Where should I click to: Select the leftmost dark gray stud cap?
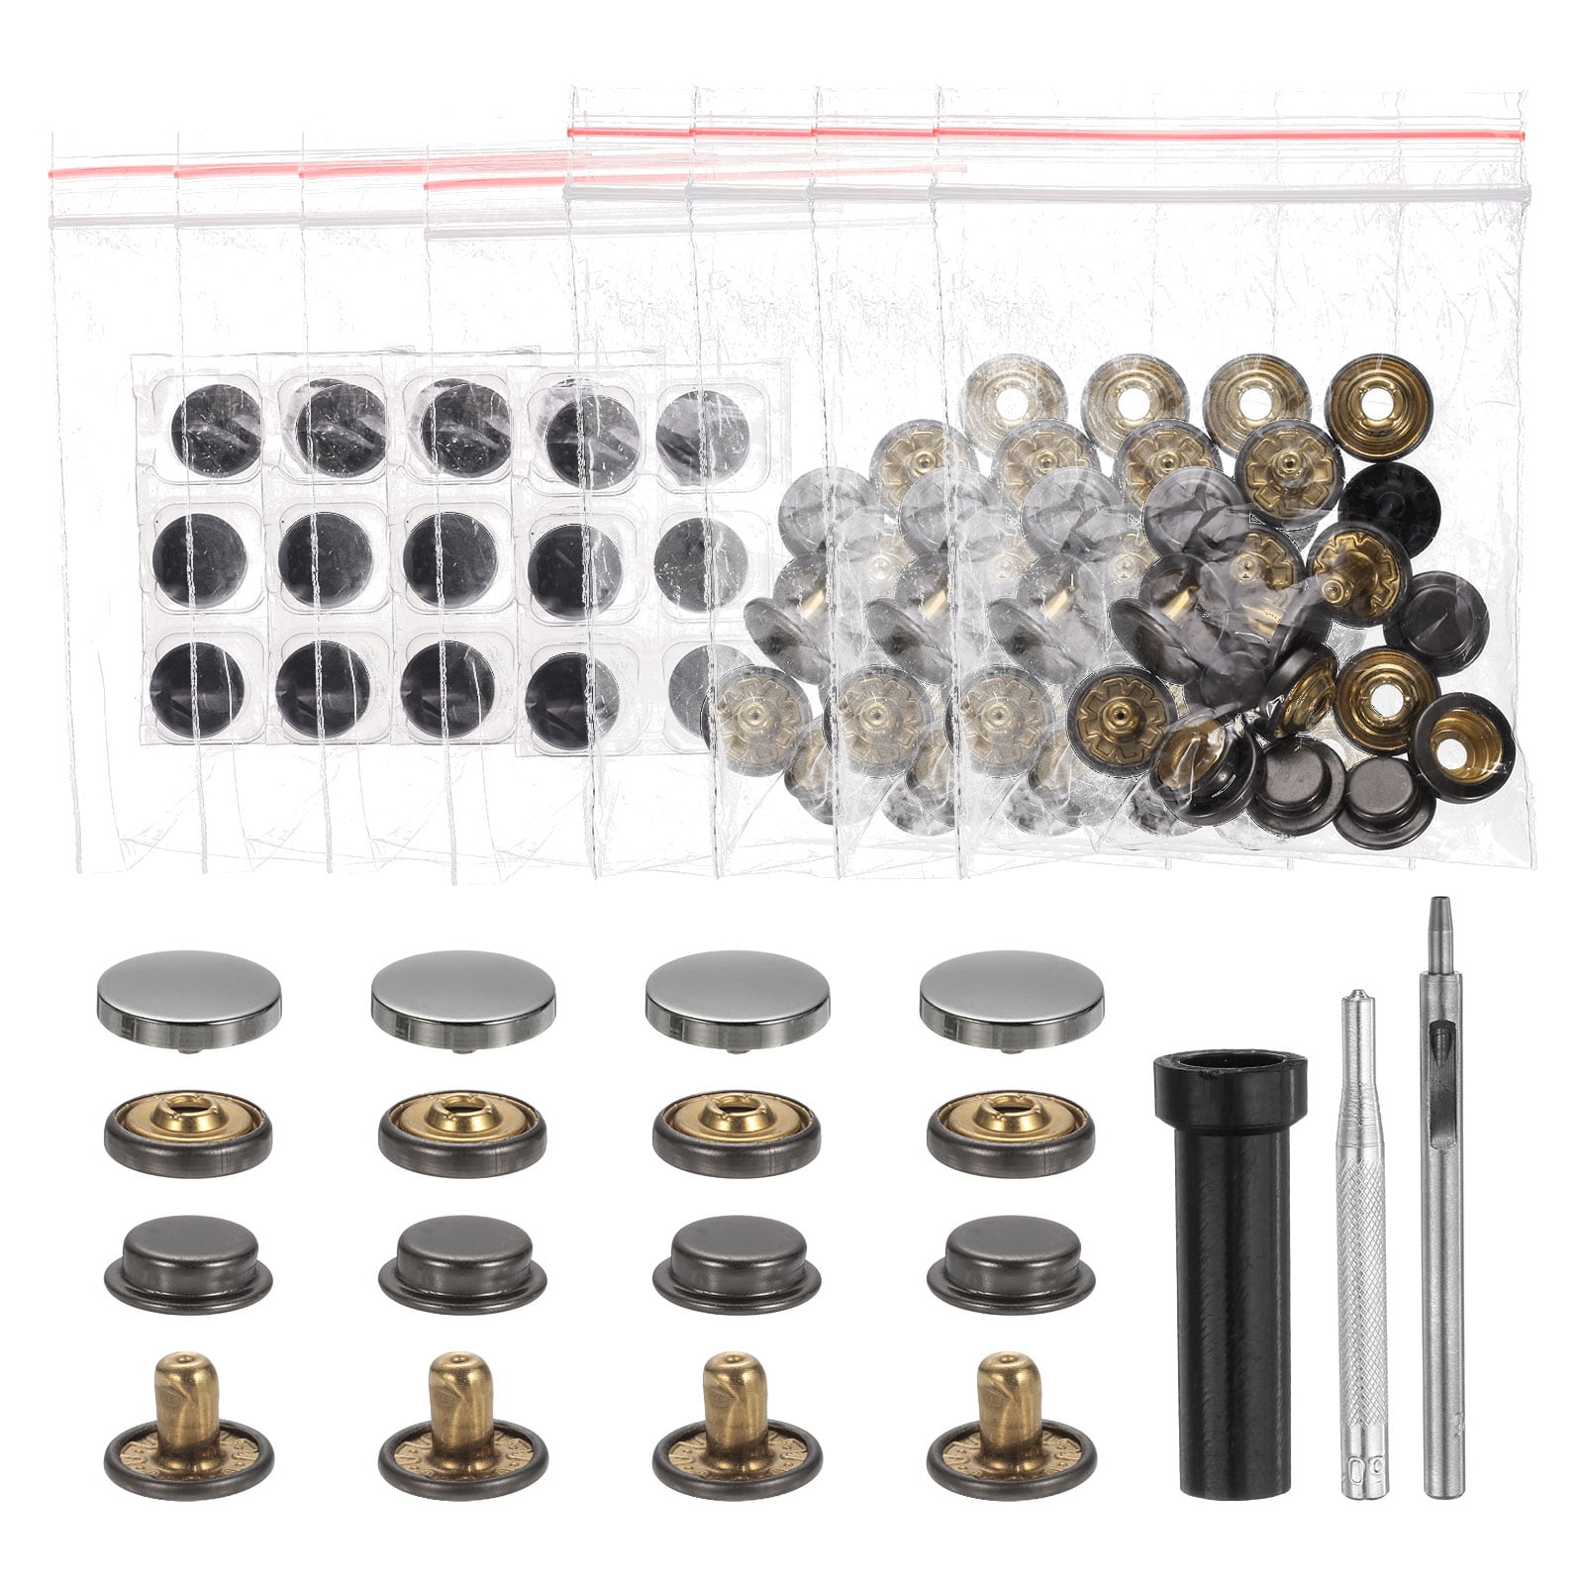[188, 1263]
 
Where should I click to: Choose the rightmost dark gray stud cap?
[1011, 1263]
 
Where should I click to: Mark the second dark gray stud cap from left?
[462, 1263]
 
